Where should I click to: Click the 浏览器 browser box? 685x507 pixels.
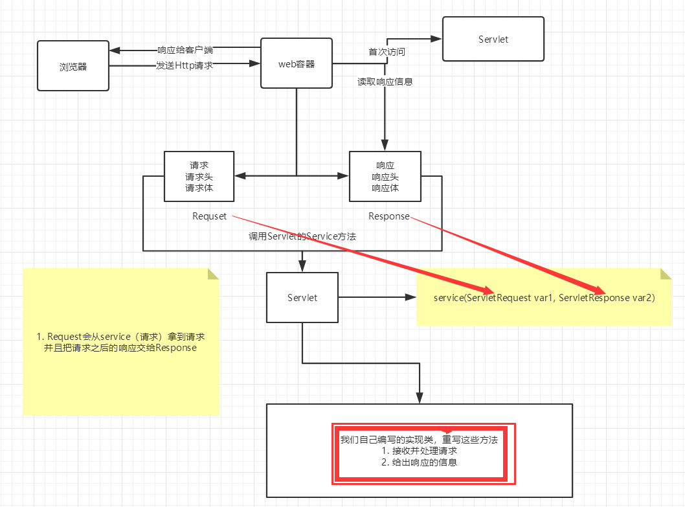73,65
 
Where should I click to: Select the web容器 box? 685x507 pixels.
297,63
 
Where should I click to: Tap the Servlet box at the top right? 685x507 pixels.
493,39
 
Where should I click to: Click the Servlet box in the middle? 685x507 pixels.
302,297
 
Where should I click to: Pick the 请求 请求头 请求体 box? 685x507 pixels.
199,177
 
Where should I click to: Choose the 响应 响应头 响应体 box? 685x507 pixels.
385,177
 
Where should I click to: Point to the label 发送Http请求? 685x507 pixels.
185,65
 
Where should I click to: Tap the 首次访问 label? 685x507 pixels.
387,52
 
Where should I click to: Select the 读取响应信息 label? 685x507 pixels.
385,82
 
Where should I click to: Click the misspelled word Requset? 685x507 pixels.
209,216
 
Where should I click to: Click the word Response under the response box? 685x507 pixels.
388,216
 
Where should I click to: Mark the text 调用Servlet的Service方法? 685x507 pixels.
302,236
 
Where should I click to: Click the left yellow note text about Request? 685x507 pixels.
121,343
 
